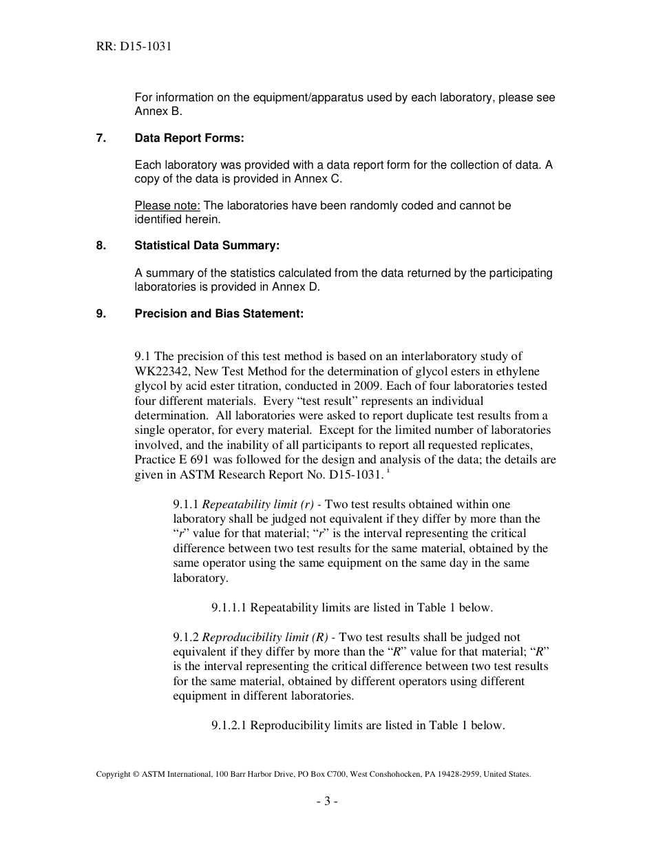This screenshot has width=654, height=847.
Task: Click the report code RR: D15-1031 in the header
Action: pyautogui.click(x=134, y=47)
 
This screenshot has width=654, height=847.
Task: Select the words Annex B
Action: pyautogui.click(x=158, y=111)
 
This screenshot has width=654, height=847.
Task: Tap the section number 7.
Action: pyautogui.click(x=101, y=138)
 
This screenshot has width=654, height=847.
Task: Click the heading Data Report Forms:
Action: pyautogui.click(x=189, y=138)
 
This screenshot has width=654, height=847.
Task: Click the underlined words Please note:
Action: pyautogui.click(x=167, y=205)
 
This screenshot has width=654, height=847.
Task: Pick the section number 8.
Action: pyautogui.click(x=101, y=245)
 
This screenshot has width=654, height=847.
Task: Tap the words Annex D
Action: pyautogui.click(x=296, y=286)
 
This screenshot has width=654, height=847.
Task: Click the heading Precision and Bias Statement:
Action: pyautogui.click(x=219, y=313)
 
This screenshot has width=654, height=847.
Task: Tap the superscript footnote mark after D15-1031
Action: pyautogui.click(x=388, y=471)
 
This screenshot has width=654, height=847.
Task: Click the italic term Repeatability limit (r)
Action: pyautogui.click(x=258, y=505)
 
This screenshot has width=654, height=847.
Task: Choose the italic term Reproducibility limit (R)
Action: pyautogui.click(x=265, y=637)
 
